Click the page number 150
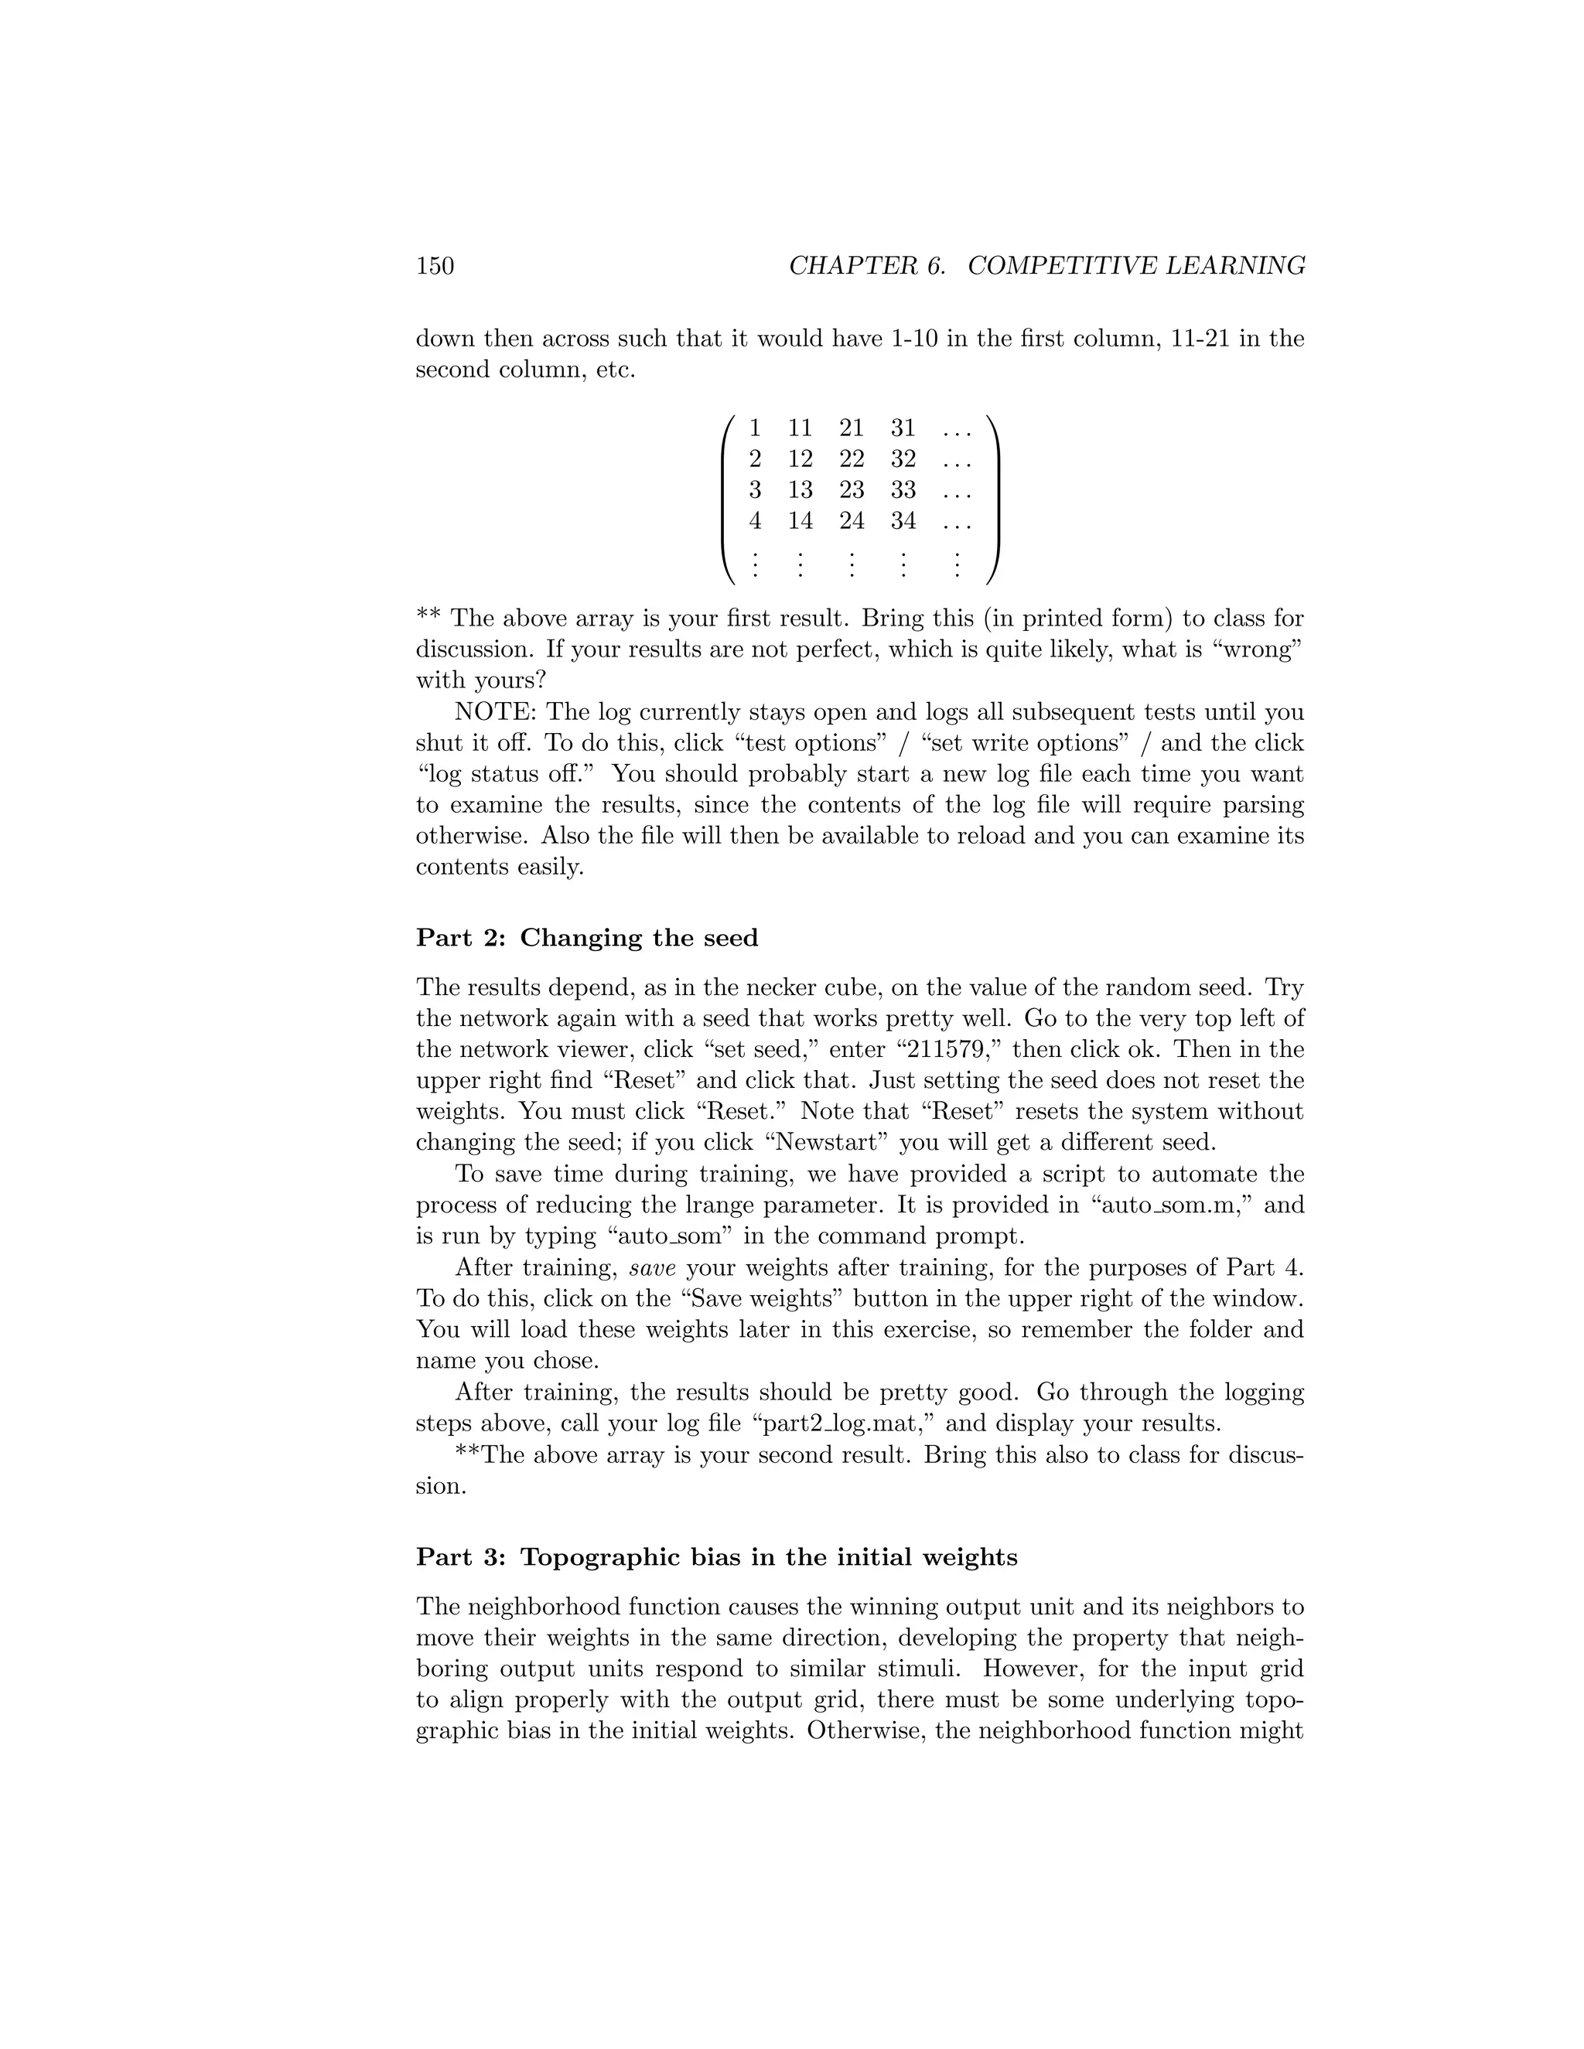point(435,267)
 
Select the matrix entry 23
point(851,489)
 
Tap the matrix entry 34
point(903,520)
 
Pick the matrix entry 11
point(800,429)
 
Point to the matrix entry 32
point(903,460)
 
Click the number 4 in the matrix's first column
point(754,520)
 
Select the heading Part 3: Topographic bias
point(716,1557)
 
